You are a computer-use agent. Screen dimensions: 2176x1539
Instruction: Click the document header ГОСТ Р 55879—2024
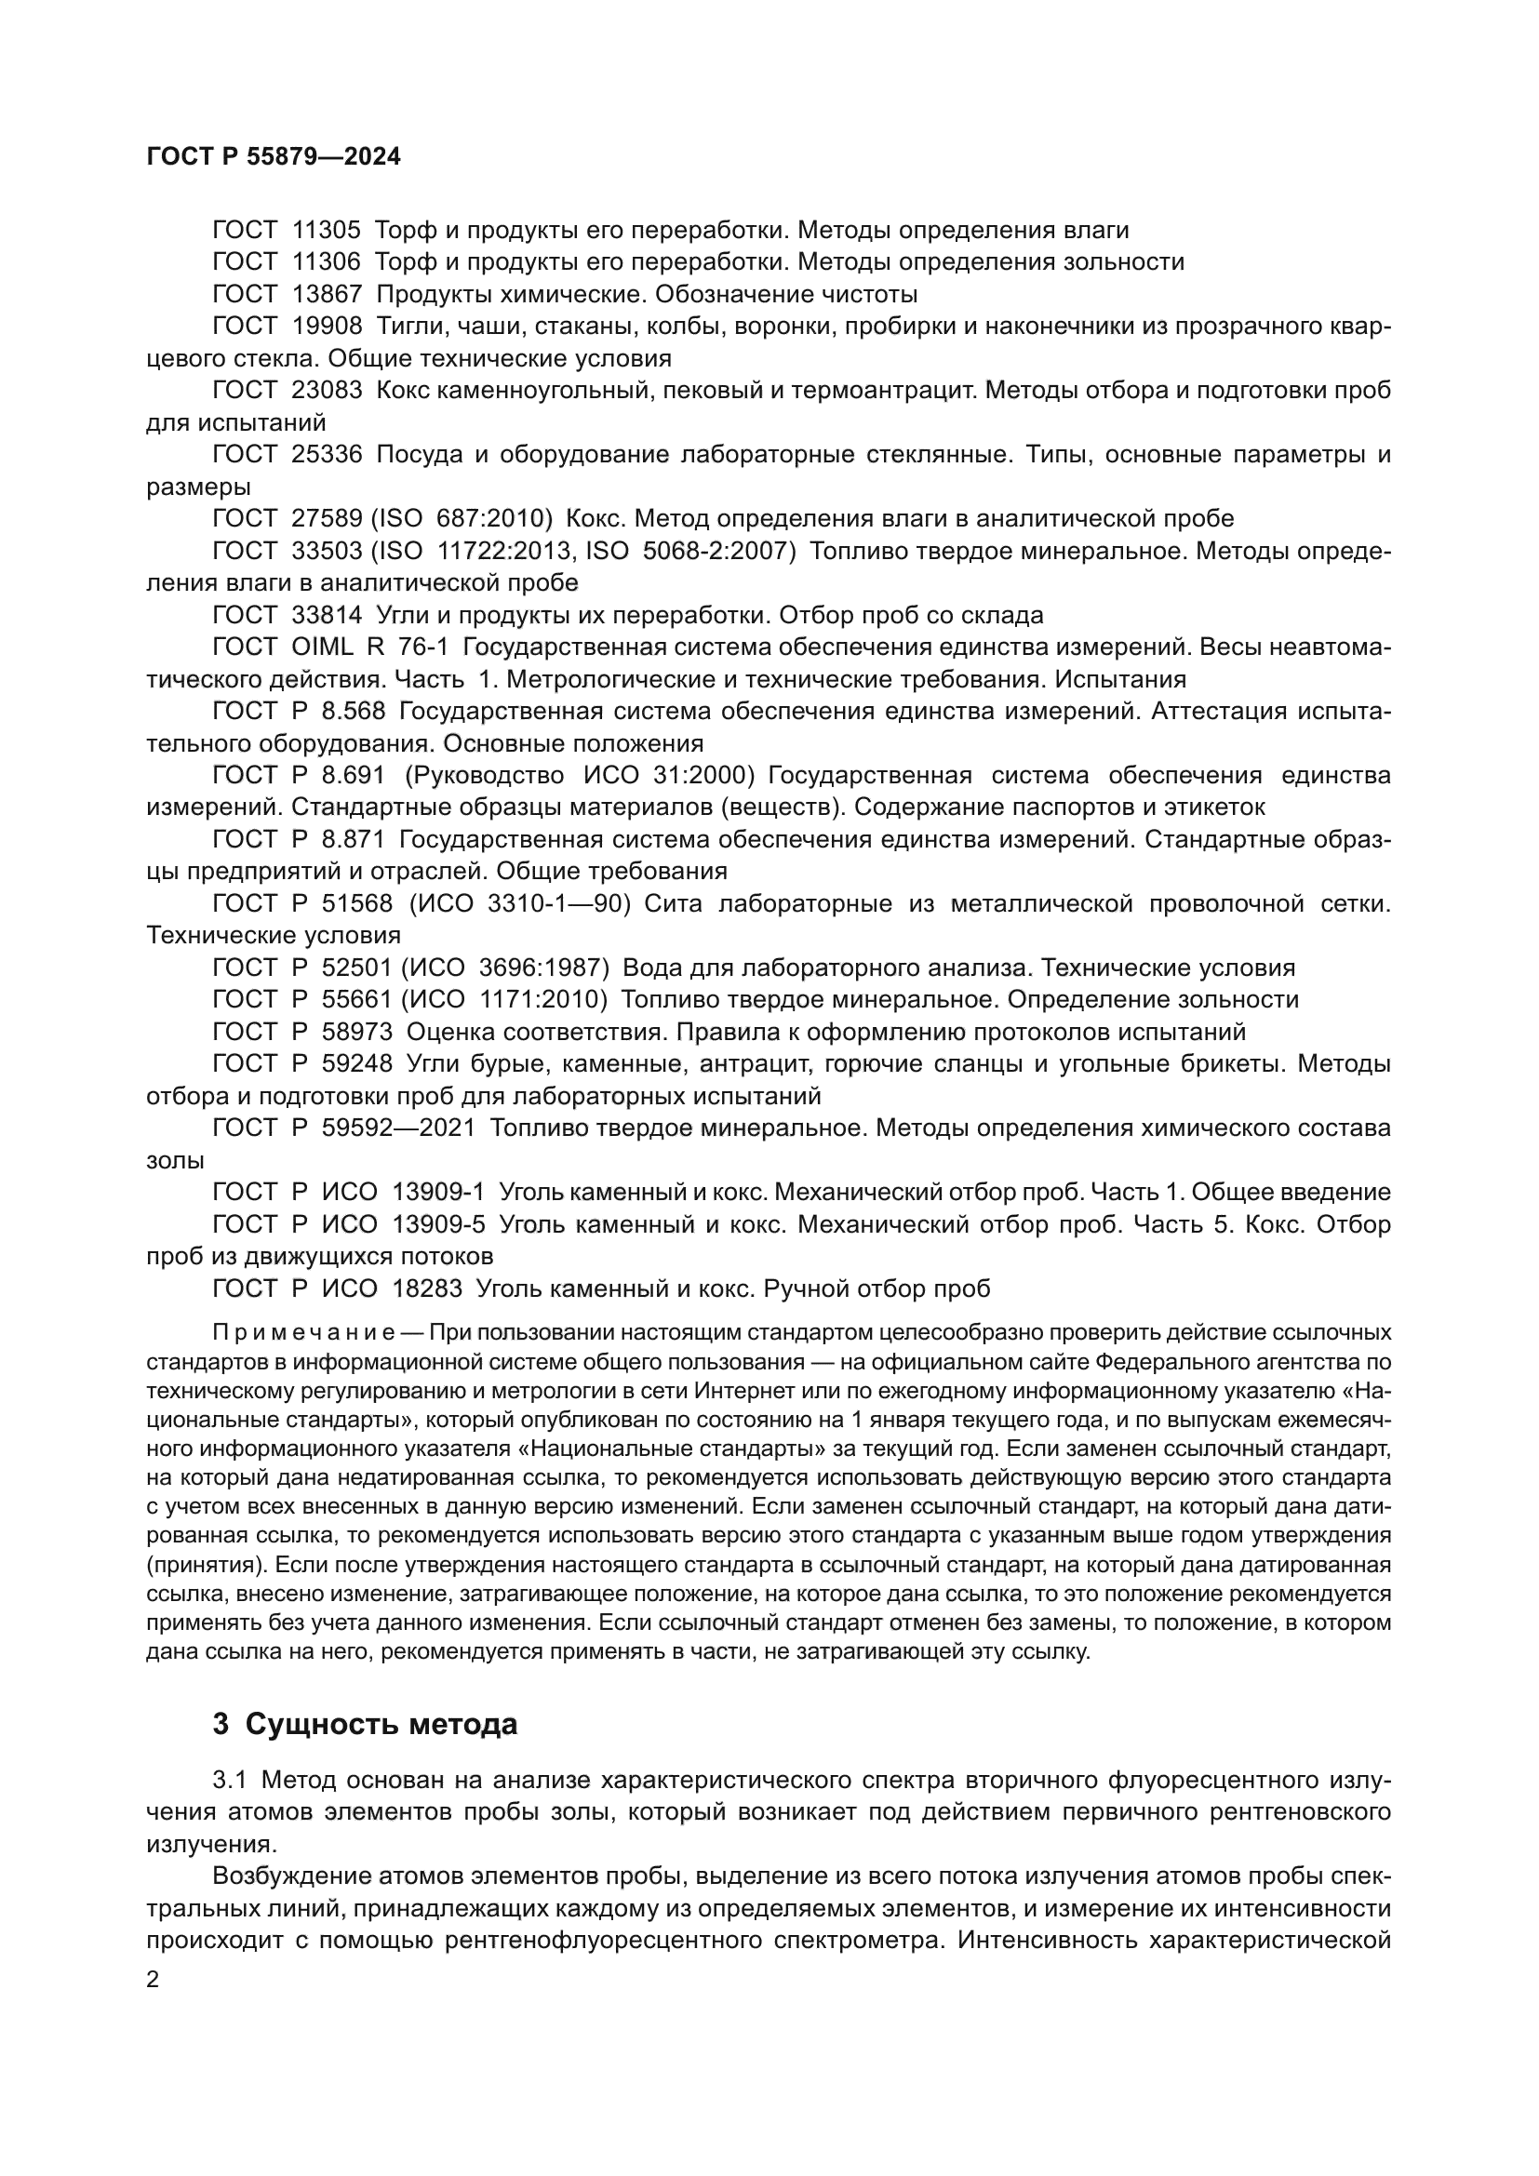tap(274, 156)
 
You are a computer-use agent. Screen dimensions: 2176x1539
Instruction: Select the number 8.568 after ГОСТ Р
tap(354, 711)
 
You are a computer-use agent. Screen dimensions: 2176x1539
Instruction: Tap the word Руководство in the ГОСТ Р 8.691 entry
tap(488, 775)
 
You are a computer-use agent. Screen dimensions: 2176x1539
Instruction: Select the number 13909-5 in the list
tap(438, 1224)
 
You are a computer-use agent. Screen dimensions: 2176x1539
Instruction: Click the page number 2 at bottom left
tap(153, 1980)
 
